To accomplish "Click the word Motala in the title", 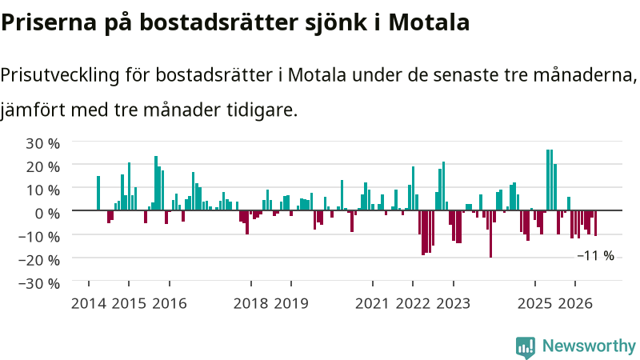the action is [x=429, y=22].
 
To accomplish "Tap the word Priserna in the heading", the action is [x=49, y=22].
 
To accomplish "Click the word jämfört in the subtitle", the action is [x=32, y=110].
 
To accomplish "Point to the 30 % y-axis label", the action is [x=42, y=143].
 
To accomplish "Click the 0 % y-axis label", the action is [x=47, y=213].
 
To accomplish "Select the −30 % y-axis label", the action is [x=39, y=283].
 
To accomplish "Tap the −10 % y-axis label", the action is [x=39, y=237].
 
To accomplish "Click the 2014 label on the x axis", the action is [x=89, y=304].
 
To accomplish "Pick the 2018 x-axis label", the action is [x=250, y=304].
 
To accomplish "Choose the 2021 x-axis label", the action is [x=372, y=304].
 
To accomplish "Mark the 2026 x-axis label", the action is [x=575, y=304].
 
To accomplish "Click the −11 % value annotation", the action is [x=595, y=256].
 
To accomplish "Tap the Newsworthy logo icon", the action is [x=526, y=348].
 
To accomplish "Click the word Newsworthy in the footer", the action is [x=589, y=346].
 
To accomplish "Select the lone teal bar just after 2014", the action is [x=98, y=193].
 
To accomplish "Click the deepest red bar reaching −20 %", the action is [x=490, y=234].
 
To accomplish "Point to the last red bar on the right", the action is [x=595, y=223].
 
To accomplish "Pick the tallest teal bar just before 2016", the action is [x=156, y=183].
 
